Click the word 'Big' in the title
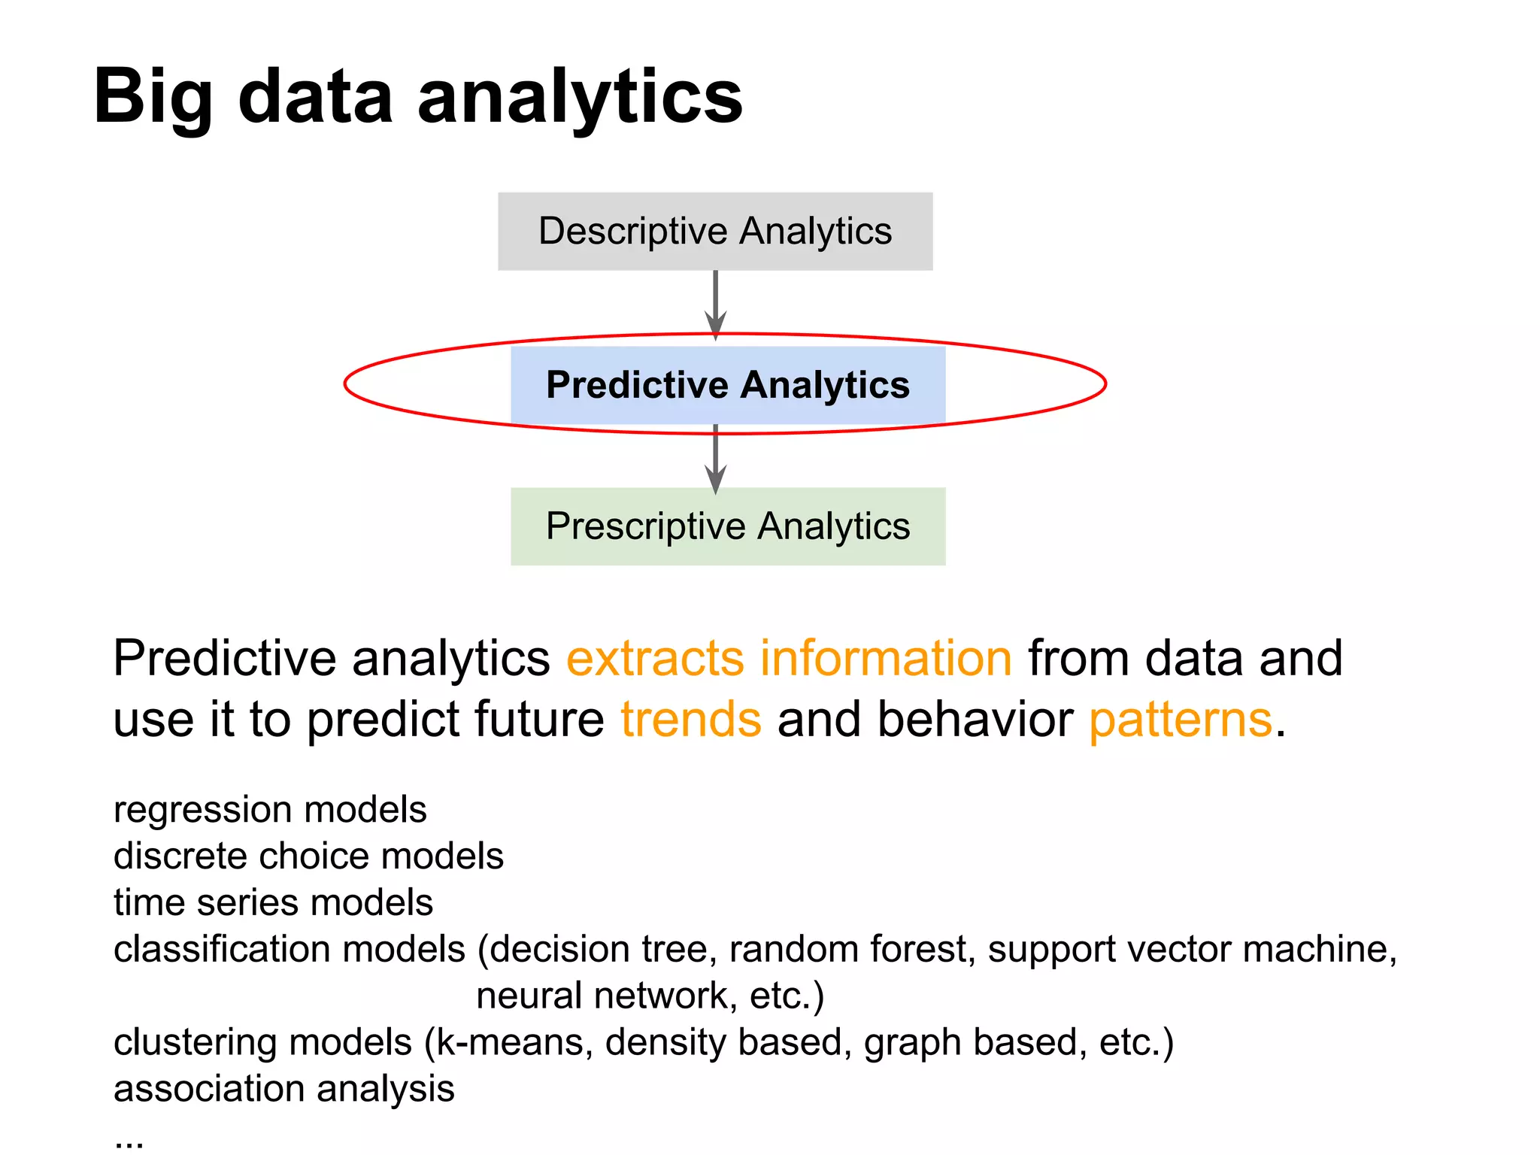point(153,98)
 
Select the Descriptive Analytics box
point(715,231)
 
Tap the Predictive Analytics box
point(728,385)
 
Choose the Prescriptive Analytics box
point(728,526)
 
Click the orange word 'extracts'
point(655,659)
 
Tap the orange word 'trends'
point(691,720)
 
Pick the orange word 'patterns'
point(1181,720)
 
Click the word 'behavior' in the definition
point(975,720)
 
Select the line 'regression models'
point(270,810)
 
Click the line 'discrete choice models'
point(308,856)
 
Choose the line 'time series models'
point(273,902)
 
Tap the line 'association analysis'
point(283,1089)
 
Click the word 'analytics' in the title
point(580,98)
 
